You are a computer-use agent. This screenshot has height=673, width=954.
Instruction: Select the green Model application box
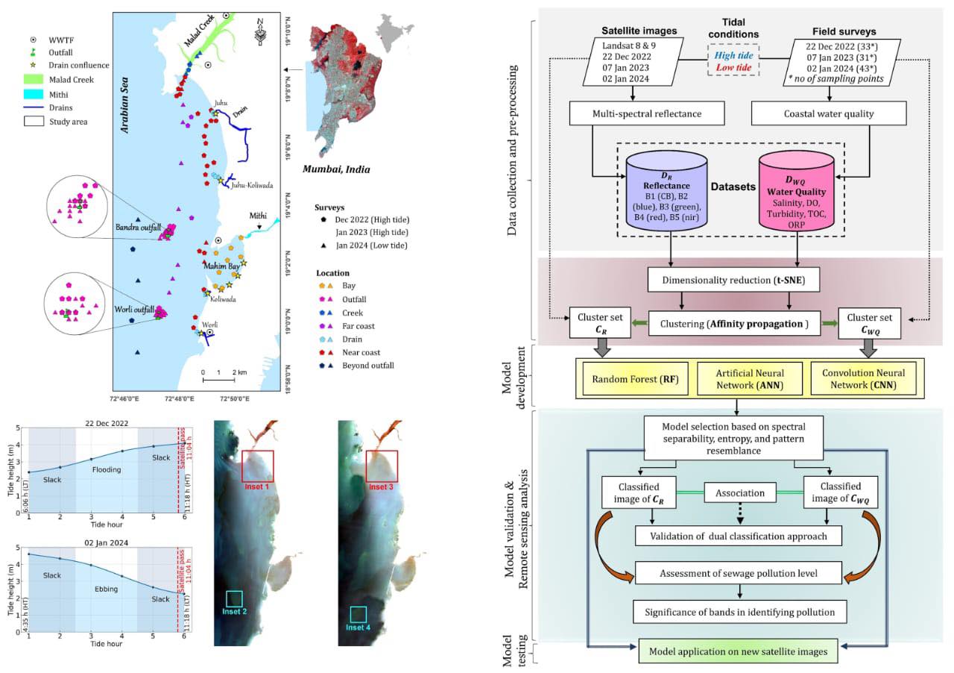click(x=737, y=651)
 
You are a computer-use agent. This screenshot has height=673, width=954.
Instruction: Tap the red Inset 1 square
click(x=257, y=466)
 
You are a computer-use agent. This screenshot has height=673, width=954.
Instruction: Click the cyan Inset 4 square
click(x=358, y=614)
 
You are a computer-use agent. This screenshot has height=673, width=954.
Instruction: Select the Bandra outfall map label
click(x=135, y=227)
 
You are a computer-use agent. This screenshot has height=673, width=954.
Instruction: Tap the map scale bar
click(x=219, y=380)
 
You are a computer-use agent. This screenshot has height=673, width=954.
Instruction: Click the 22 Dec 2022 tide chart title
click(x=107, y=423)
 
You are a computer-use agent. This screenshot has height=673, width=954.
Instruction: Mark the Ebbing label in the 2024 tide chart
click(x=106, y=589)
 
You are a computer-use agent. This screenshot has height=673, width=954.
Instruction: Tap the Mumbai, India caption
click(x=335, y=169)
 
